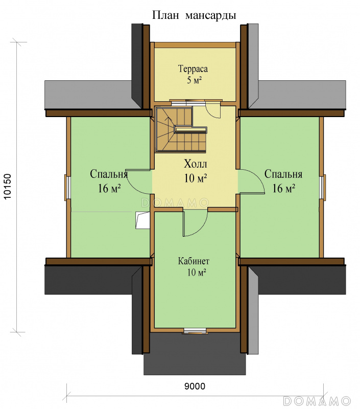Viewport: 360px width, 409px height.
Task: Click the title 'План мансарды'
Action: (x=194, y=15)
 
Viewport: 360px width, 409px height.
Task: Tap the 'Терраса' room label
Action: (x=193, y=69)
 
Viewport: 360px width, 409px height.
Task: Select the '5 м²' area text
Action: (x=195, y=80)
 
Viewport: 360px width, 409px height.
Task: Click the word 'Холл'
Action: (x=196, y=164)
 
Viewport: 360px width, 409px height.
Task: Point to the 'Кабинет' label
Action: (x=194, y=261)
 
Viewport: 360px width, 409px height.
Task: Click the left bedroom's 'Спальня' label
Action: (x=109, y=174)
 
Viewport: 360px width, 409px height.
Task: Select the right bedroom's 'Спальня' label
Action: (x=283, y=174)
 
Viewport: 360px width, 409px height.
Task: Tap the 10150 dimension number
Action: (x=8, y=186)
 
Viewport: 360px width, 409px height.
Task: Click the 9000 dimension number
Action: (x=195, y=386)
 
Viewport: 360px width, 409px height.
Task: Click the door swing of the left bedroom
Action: (x=139, y=182)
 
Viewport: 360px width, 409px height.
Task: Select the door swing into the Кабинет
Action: (x=195, y=222)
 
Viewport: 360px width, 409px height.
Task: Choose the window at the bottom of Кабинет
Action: (x=195, y=331)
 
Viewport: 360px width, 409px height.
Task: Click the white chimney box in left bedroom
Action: (x=142, y=220)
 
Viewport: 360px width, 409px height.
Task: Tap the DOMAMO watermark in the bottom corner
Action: (x=317, y=400)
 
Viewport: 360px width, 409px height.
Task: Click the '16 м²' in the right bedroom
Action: (x=284, y=188)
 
